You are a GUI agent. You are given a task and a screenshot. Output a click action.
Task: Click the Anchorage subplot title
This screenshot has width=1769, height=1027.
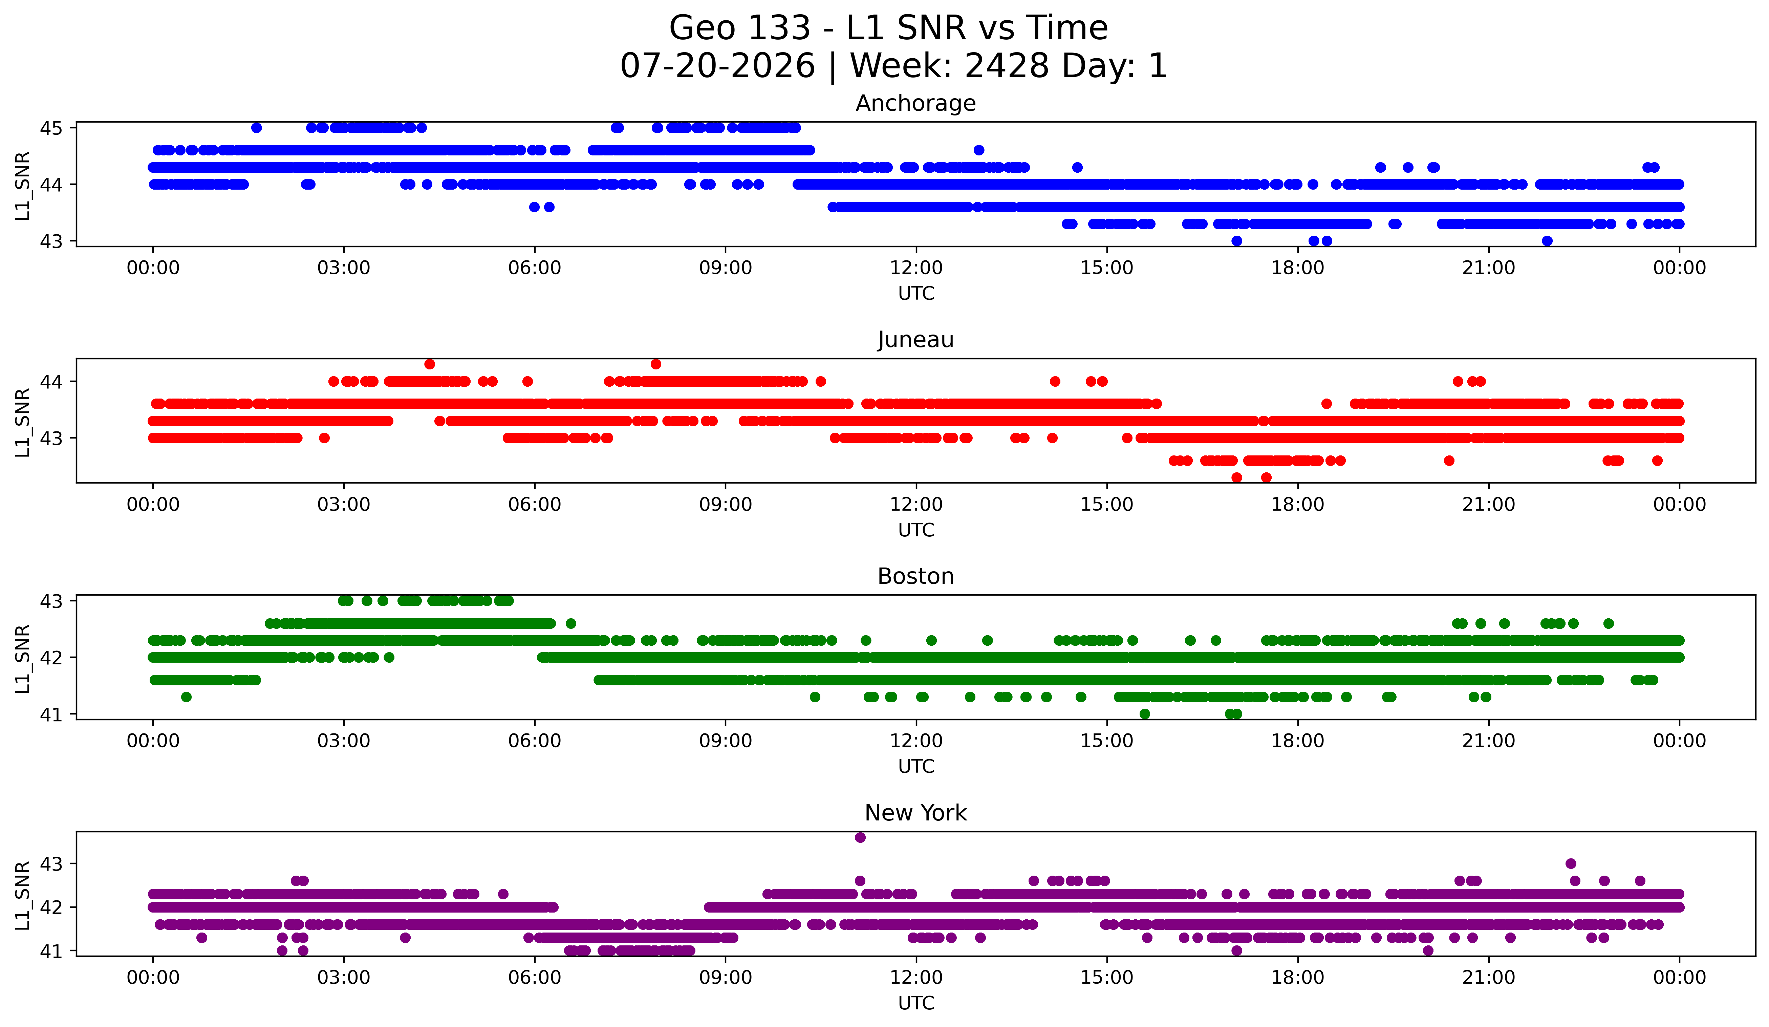click(x=915, y=103)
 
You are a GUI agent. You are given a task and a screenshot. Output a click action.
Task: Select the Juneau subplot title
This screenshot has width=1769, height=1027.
click(x=915, y=340)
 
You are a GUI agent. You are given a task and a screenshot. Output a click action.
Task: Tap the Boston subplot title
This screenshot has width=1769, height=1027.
click(x=915, y=576)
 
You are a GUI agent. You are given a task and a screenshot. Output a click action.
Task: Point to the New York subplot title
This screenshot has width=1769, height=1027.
click(x=915, y=813)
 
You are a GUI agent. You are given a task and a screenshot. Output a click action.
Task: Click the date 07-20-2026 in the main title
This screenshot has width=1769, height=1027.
click(x=717, y=66)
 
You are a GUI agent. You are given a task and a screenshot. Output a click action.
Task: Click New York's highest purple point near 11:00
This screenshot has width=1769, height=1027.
click(x=860, y=837)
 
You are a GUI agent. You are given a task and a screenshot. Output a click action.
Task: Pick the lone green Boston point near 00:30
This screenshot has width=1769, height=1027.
click(x=186, y=697)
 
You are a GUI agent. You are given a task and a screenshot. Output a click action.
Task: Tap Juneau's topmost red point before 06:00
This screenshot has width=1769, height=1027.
click(x=430, y=364)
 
